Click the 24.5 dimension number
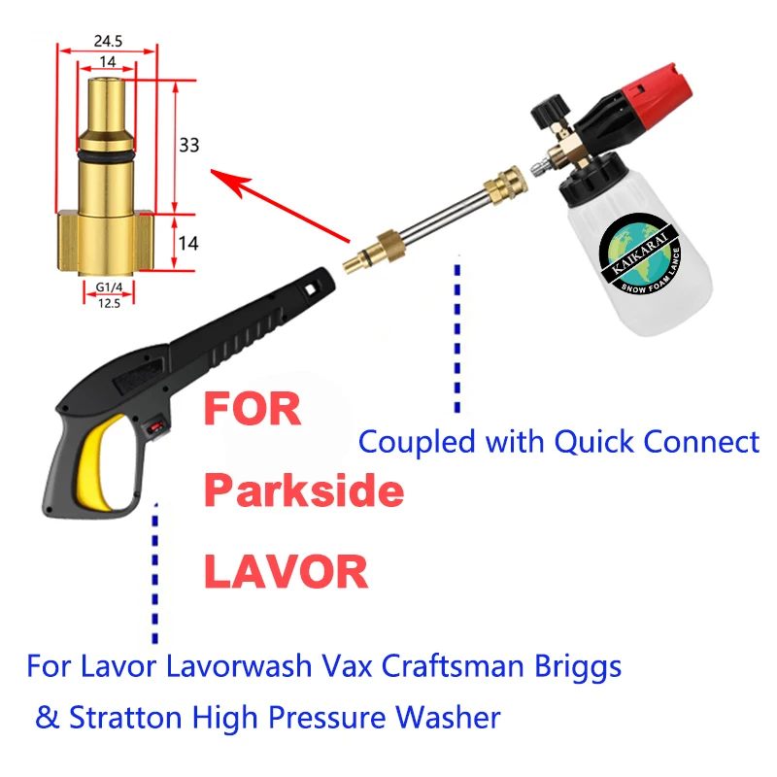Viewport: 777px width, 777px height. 107,42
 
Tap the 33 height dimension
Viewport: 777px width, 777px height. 188,146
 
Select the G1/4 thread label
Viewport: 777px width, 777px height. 107,287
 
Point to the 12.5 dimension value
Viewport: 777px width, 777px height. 107,301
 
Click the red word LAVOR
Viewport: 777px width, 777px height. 286,572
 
